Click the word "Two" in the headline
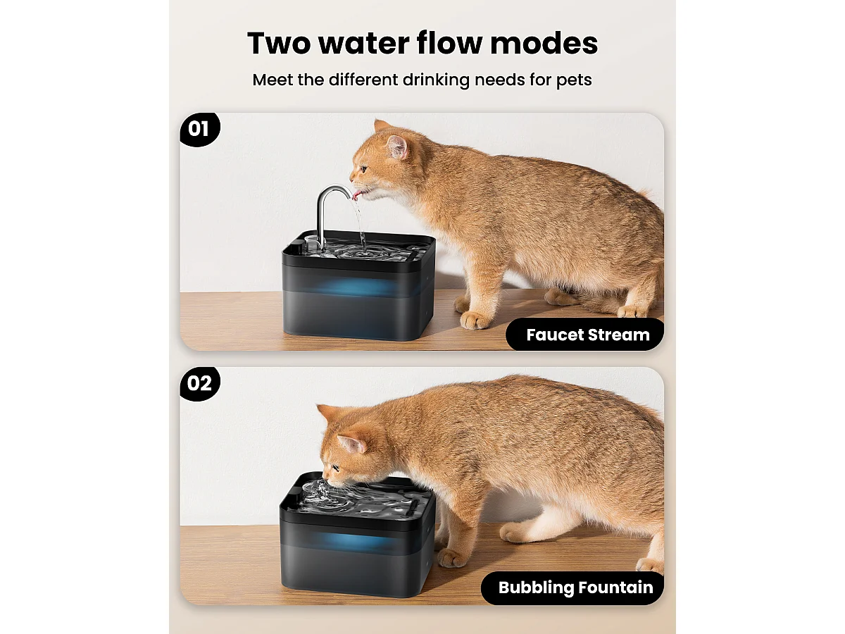tap(279, 44)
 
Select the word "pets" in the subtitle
tap(575, 80)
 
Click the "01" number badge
tap(199, 129)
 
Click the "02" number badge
tap(199, 383)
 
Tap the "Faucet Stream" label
tap(587, 335)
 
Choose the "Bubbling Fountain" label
tap(575, 588)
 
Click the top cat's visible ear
tap(397, 146)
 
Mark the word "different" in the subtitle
tap(364, 80)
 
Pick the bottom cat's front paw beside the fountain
tap(451, 558)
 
